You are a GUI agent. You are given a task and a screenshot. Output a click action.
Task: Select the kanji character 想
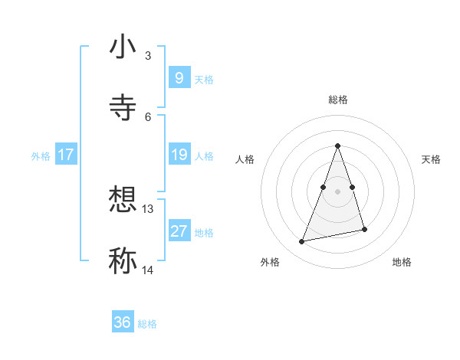tap(123, 201)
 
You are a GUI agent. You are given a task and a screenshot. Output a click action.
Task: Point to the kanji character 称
tap(123, 260)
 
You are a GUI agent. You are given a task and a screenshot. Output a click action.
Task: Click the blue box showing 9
tap(179, 77)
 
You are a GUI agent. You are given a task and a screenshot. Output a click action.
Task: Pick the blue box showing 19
tap(179, 155)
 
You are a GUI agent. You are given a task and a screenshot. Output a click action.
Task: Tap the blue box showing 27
tap(179, 231)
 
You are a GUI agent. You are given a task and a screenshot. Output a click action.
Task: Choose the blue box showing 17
tap(66, 155)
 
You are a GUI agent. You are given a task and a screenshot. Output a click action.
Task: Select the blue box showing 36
tap(123, 322)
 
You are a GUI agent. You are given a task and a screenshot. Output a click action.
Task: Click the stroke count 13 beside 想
tap(148, 208)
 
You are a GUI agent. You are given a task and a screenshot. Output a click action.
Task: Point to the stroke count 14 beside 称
tap(148, 270)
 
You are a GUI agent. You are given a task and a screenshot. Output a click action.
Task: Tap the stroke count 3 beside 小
tap(148, 56)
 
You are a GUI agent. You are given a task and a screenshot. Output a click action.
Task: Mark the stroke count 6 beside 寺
tap(148, 116)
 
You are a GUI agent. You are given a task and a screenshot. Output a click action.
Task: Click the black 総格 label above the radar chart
tap(338, 100)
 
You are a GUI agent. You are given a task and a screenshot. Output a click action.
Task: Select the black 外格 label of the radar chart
tap(270, 262)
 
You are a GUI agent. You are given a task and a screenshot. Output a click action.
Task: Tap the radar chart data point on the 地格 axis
tap(364, 230)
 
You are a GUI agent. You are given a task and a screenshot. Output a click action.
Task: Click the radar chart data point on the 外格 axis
tap(302, 242)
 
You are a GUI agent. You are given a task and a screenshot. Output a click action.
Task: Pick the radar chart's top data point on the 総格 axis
tap(337, 146)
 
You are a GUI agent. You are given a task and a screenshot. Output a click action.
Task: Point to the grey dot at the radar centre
tap(337, 191)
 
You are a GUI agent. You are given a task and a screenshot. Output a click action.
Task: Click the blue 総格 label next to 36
tap(147, 324)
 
